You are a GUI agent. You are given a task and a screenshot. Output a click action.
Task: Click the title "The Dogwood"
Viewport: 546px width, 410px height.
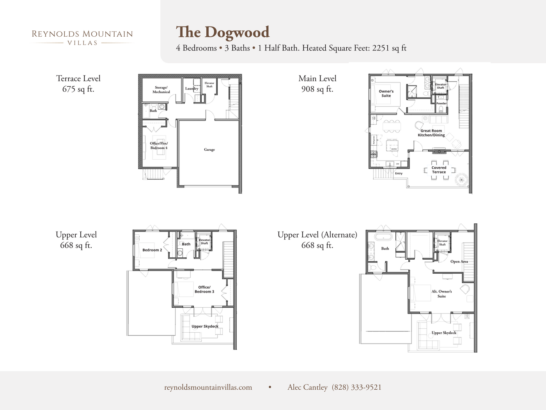pos(223,32)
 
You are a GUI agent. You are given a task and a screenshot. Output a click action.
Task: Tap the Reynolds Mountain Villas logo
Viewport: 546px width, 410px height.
pos(82,37)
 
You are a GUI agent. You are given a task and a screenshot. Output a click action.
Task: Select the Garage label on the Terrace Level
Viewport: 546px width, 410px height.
pos(209,150)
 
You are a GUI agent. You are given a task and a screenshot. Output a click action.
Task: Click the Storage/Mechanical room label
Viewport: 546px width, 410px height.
pos(161,90)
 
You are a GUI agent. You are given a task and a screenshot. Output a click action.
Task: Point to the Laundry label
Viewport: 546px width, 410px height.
pos(191,89)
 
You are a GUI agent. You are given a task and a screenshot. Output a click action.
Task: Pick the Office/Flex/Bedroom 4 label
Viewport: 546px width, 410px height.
pos(159,146)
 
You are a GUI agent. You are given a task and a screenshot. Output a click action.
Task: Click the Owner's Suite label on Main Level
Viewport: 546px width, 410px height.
pos(386,93)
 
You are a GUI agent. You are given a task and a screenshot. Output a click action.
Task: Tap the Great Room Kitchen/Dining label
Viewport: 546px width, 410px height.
pos(431,133)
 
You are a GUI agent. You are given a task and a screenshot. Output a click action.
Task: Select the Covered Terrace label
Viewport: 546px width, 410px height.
pos(439,170)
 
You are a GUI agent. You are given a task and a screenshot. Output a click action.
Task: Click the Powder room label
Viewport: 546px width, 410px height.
pos(441,103)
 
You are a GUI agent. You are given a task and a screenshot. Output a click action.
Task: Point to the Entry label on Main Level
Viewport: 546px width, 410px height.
pos(399,173)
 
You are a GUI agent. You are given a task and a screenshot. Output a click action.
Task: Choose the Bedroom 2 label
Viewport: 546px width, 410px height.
pos(152,250)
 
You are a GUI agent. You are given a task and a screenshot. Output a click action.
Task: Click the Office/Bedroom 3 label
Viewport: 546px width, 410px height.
pos(204,289)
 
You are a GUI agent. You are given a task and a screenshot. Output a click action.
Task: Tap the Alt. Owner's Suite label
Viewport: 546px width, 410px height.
pos(441,294)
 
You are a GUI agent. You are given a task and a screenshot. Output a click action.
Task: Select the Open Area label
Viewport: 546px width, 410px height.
pos(459,262)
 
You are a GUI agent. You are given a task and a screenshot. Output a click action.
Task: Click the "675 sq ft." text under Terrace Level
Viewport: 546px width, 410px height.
pos(78,89)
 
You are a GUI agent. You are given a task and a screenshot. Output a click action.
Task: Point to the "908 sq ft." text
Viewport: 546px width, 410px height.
pos(317,89)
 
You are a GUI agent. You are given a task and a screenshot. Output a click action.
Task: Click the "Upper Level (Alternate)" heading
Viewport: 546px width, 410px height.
pos(317,235)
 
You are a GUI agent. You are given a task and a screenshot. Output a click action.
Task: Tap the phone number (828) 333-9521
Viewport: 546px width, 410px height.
pos(356,387)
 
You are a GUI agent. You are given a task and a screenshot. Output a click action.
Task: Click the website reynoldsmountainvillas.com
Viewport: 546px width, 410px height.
pos(208,387)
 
